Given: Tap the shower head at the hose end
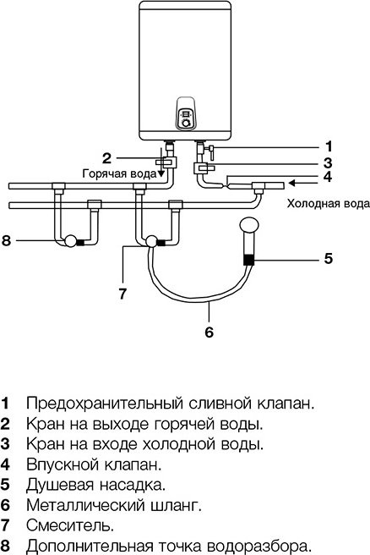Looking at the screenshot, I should pyautogui.click(x=248, y=227).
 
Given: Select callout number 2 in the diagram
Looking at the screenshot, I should pyautogui.click(x=106, y=157).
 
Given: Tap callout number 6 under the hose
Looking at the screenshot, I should pyautogui.click(x=209, y=332).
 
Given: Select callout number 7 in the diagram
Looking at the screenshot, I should pyautogui.click(x=123, y=294).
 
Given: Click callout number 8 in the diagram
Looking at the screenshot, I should pyautogui.click(x=7, y=241).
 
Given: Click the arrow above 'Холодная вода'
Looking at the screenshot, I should pyautogui.click(x=304, y=180).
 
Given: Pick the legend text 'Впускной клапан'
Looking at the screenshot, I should pyautogui.click(x=81, y=464).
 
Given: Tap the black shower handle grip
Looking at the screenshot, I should pyautogui.click(x=248, y=260).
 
